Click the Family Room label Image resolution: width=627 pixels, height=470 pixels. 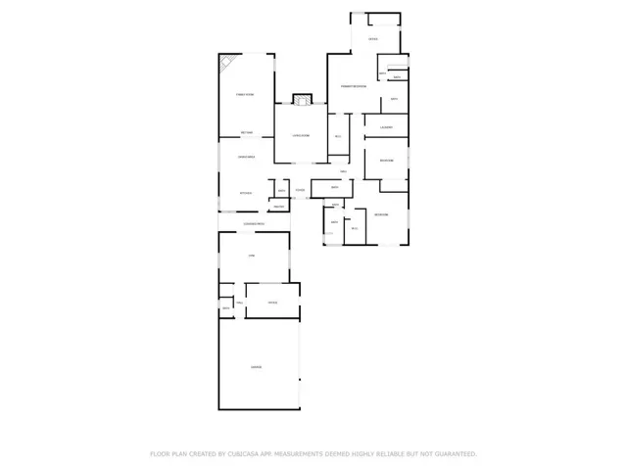click(245, 94)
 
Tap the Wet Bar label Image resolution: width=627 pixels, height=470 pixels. click(248, 133)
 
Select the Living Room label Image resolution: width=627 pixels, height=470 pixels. click(300, 135)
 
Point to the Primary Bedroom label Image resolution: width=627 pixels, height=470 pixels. click(354, 87)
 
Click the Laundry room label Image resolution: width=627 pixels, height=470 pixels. click(387, 127)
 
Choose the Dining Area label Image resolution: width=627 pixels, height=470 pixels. click(246, 157)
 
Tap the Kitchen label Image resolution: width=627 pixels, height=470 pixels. click(246, 193)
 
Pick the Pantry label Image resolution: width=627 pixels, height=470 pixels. click(278, 206)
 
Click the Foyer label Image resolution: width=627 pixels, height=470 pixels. click(300, 190)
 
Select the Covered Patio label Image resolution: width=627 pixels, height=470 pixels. click(255, 224)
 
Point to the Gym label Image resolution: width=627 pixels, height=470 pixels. click(252, 256)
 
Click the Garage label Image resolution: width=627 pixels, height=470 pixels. click(256, 367)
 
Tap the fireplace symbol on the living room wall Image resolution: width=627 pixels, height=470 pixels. click(302, 99)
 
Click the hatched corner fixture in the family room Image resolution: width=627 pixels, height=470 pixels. click(225, 62)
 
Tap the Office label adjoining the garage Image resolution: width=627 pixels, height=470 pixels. click(273, 303)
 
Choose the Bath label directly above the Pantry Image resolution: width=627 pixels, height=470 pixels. click(281, 191)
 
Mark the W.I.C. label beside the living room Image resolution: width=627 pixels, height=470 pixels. click(338, 136)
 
